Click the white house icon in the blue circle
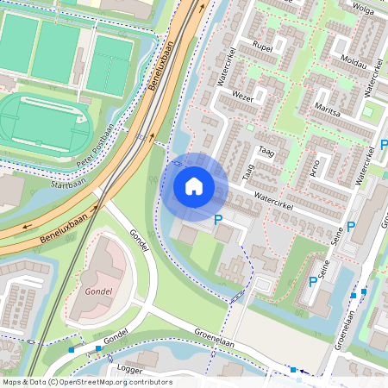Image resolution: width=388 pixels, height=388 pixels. click(x=194, y=185)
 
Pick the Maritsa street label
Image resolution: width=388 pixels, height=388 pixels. click(x=329, y=110)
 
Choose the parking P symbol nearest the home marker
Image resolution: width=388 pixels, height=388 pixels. click(x=217, y=221)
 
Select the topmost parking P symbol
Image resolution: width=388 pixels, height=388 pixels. click(x=384, y=145)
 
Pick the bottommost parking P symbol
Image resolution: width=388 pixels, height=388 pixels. click(x=313, y=281)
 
